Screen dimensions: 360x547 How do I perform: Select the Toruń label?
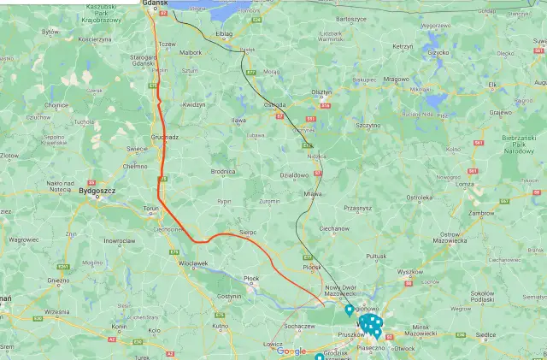coord(151,209)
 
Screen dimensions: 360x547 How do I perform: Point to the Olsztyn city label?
coord(321,91)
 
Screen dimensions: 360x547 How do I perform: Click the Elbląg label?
coord(225,33)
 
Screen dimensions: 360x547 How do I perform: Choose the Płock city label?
coord(251,278)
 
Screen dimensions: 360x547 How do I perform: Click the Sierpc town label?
coord(248,232)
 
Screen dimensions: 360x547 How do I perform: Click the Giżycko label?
coord(438,52)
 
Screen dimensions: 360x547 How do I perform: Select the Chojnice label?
coord(56,105)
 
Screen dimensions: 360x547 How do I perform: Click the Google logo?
coord(291,351)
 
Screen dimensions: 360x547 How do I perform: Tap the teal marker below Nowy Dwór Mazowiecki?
coord(349,309)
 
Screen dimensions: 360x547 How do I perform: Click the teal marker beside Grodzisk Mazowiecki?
coord(319,357)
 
